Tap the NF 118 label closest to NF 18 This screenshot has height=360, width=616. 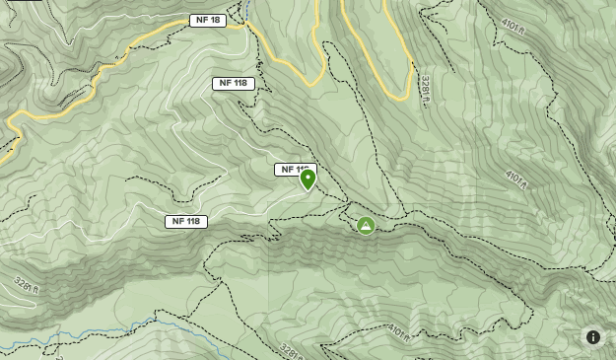point(234,83)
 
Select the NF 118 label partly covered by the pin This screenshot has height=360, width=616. point(292,170)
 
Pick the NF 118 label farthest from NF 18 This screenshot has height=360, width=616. point(186,221)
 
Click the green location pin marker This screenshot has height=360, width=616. point(308,179)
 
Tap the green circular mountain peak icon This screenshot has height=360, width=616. point(366,226)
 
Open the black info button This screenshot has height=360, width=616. point(593,337)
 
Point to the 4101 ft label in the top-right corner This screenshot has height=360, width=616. point(513,29)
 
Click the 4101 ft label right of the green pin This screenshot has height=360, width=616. point(516,180)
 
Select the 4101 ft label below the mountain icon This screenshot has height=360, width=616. point(397,330)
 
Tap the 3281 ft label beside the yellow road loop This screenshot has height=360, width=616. point(426,90)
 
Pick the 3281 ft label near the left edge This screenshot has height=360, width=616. point(27,286)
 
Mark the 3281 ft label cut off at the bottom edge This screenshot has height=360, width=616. point(288,349)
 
